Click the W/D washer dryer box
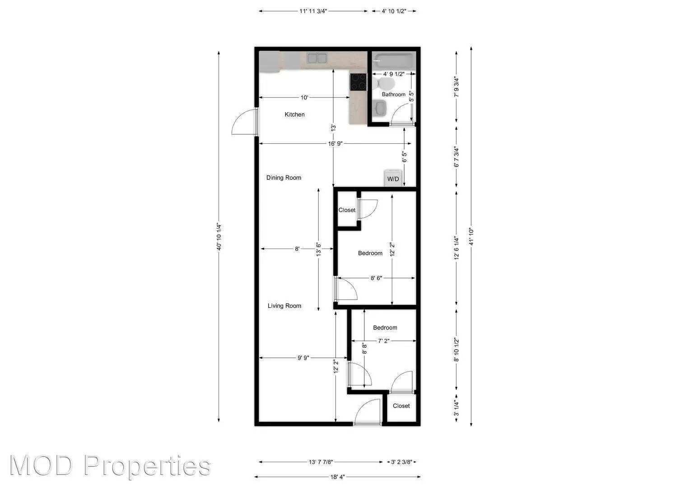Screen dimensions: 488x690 point(393,178)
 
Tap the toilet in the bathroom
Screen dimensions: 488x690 point(384,83)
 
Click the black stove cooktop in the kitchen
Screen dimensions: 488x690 point(359,82)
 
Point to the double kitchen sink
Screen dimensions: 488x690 point(317,58)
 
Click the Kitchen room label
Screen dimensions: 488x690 point(294,115)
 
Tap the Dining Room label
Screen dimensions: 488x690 point(284,178)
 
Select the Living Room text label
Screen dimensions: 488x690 point(284,306)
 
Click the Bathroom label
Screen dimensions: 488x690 point(393,94)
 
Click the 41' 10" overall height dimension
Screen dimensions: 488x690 point(471,236)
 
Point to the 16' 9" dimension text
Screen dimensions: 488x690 point(336,144)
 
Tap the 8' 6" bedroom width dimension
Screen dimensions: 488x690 point(376,278)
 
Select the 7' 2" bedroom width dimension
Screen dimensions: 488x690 point(383,341)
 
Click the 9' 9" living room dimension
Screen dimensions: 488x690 point(303,358)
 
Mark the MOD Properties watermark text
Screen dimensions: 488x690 point(110,465)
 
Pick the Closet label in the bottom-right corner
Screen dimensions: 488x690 point(401,406)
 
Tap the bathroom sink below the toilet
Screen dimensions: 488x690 point(380,108)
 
